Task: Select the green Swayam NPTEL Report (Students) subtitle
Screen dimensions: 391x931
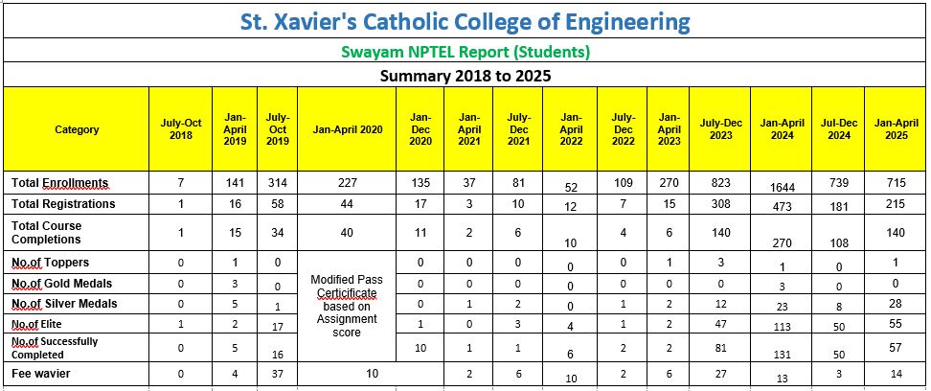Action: coord(465,51)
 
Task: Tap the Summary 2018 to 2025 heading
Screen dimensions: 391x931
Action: coord(465,74)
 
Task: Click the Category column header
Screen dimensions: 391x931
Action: coord(77,129)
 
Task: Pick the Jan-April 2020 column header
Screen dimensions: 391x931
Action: coord(347,129)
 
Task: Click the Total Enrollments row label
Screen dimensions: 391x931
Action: coord(59,183)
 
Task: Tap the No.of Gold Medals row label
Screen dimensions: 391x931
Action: coord(61,283)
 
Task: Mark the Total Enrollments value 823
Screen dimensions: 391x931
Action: coord(720,182)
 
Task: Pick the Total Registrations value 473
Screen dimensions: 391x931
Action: coord(782,207)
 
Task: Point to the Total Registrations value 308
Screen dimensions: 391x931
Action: coord(720,203)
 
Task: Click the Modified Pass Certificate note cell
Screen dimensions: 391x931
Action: coord(347,305)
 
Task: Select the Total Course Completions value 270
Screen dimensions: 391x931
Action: coord(782,243)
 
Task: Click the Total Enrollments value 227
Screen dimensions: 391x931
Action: coord(347,182)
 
